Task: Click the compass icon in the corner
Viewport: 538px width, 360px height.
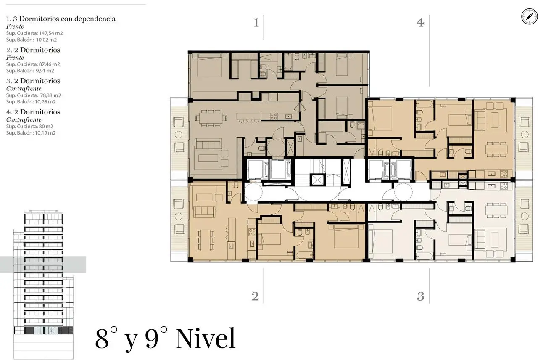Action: [x=529, y=16]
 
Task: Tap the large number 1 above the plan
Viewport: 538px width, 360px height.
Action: [x=256, y=23]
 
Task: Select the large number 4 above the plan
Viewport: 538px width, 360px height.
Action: [x=421, y=23]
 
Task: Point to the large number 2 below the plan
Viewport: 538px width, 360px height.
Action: [x=255, y=296]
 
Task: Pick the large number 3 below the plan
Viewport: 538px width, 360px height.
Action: [x=421, y=296]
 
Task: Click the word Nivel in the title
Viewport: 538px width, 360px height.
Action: [x=206, y=339]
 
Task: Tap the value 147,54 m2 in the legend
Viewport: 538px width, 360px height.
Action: [x=51, y=33]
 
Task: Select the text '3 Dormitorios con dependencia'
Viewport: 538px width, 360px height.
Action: [x=64, y=19]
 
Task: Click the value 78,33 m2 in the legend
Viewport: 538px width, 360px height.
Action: [x=50, y=95]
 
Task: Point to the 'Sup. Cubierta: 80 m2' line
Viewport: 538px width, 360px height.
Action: [x=30, y=127]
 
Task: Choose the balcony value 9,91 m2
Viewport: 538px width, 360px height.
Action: [x=45, y=71]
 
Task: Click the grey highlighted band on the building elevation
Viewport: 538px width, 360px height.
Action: [x=43, y=264]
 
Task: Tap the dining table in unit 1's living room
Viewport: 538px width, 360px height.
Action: [x=211, y=118]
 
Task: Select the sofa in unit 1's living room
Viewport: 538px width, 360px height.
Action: [x=208, y=144]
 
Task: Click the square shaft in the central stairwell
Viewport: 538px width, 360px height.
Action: [x=317, y=180]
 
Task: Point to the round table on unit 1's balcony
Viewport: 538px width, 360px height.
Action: [x=179, y=135]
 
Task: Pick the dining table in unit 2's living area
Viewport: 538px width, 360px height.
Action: [x=206, y=240]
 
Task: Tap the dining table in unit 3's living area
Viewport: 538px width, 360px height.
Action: [x=496, y=210]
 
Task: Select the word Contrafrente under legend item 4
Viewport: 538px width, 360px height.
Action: [x=24, y=120]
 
